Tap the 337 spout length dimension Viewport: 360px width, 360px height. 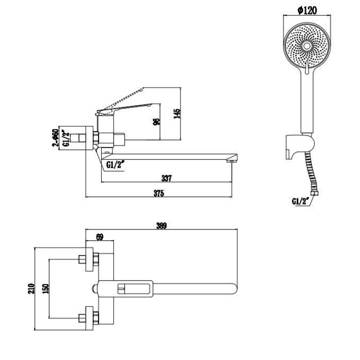coord(166,179)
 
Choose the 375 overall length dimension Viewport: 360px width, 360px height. coord(158,193)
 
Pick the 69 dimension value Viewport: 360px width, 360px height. coord(100,237)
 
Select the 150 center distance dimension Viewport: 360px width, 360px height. coord(45,288)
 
